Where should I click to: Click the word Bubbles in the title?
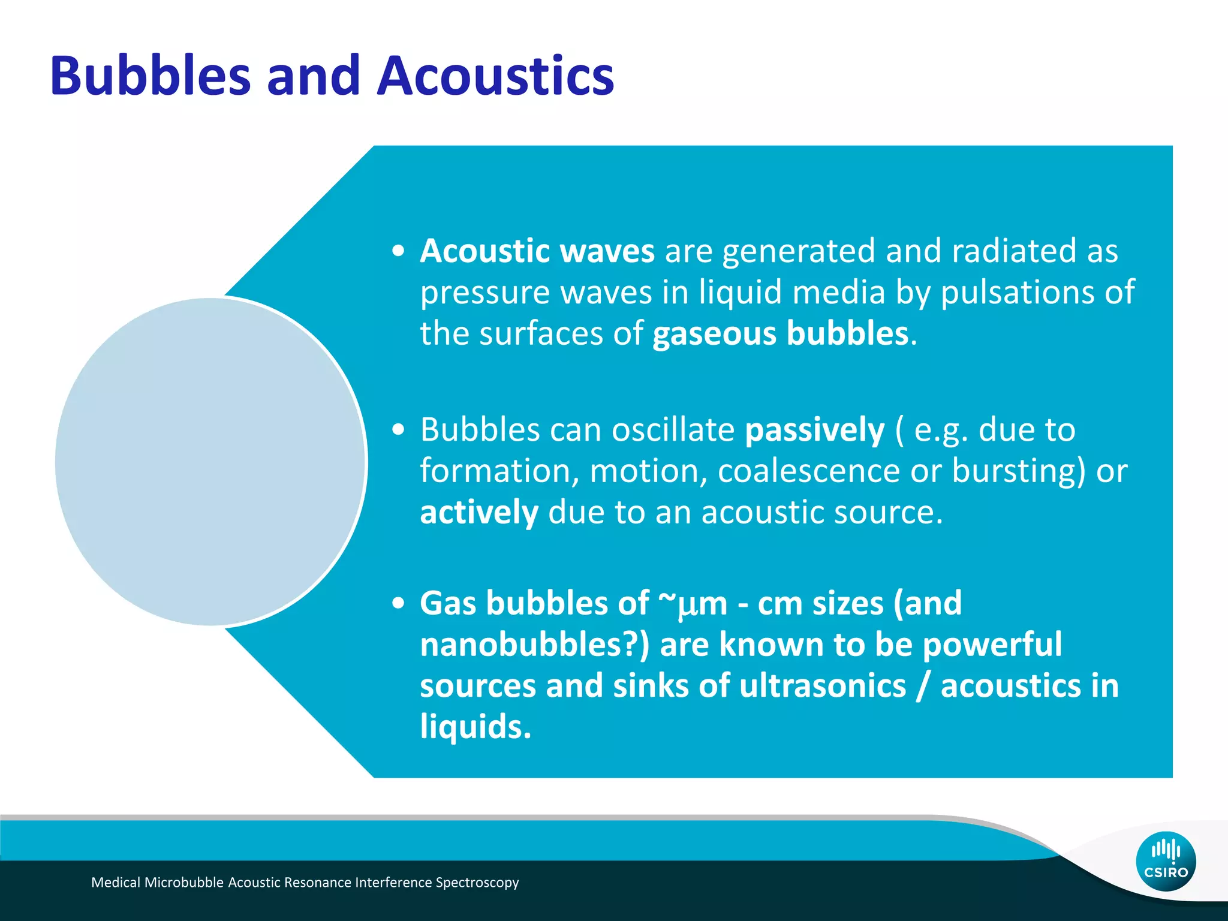point(150,76)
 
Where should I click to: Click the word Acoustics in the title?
point(495,76)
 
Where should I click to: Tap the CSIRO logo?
point(1166,861)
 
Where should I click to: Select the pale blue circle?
point(210,462)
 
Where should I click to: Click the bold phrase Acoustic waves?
point(537,251)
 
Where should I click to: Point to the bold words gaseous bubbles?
point(780,333)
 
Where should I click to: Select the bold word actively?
point(478,513)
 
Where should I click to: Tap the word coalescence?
point(808,471)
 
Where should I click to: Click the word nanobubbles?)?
point(534,645)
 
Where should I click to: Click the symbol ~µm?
point(693,604)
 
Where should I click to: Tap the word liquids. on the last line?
point(475,727)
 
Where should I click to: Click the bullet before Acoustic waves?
point(398,251)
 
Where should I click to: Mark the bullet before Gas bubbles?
point(398,604)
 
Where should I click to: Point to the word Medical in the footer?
point(116,883)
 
